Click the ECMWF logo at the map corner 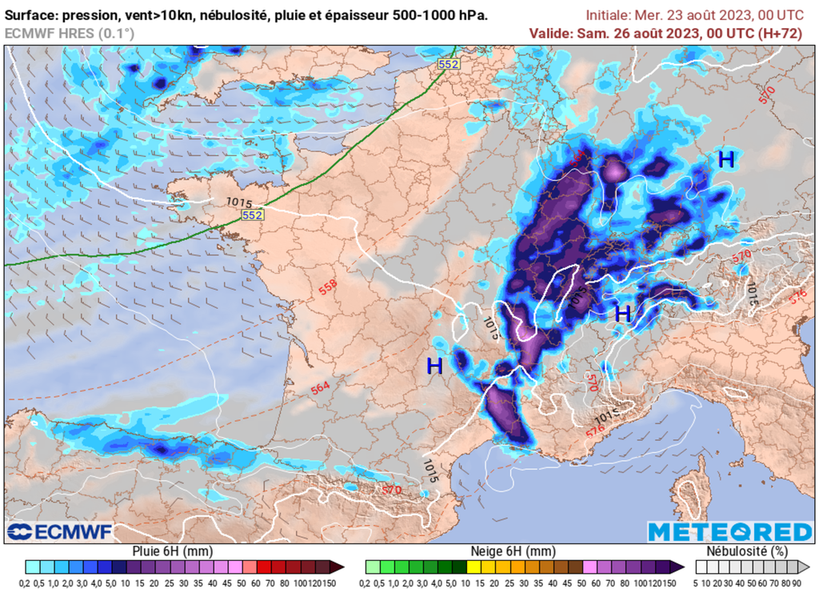tap(59, 532)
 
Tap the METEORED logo tap(729, 532)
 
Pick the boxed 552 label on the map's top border tap(448, 62)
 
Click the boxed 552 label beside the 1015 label tap(253, 215)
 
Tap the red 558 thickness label tap(328, 287)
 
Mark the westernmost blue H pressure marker tap(434, 367)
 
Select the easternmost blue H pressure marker tap(726, 160)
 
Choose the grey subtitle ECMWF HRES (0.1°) tap(70, 33)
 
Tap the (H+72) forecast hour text tap(779, 33)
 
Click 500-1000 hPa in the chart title tap(440, 15)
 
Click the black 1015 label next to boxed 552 tap(237, 202)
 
